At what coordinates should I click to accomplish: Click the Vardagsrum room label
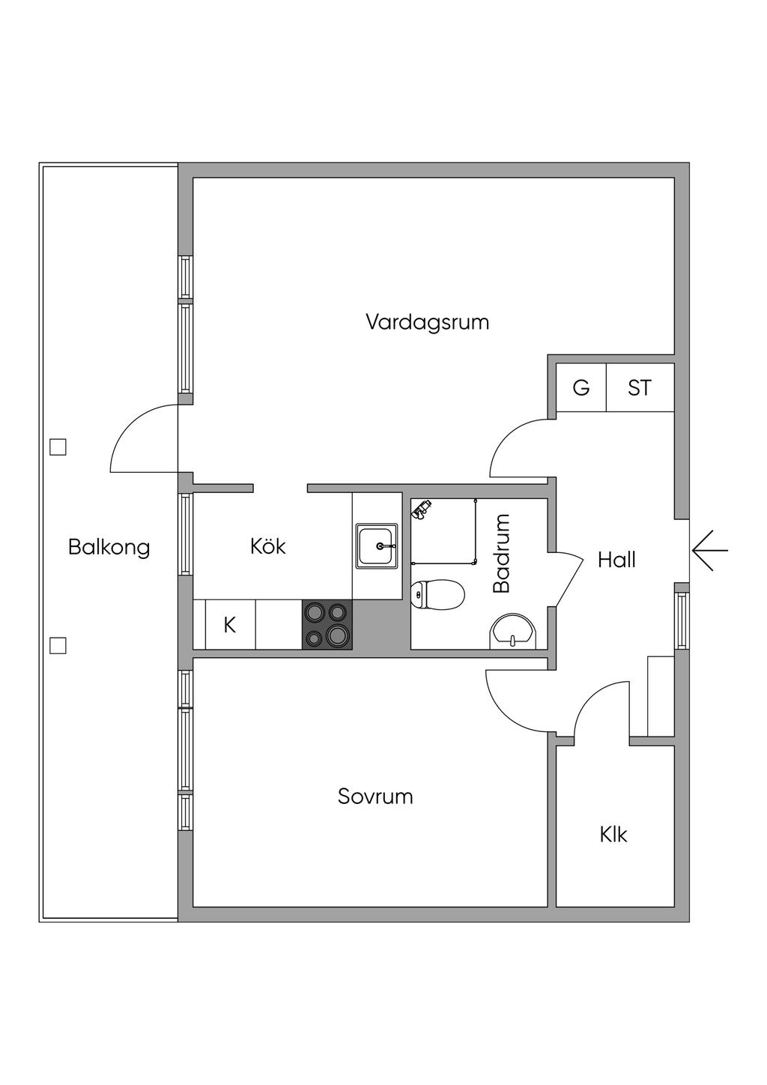pos(427,322)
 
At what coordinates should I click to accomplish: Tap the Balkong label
pos(109,547)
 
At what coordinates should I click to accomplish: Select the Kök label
pos(267,546)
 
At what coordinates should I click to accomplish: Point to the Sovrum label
pos(375,796)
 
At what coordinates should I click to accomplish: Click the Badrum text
pos(501,553)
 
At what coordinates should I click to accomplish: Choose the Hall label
pos(616,560)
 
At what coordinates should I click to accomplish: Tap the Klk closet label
pos(613,834)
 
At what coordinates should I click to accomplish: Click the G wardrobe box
pos(581,388)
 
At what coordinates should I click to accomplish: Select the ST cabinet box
pos(640,388)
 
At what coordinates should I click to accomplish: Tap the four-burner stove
pos(327,624)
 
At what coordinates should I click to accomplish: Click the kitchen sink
pos(377,545)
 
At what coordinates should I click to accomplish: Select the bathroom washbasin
pos(513,632)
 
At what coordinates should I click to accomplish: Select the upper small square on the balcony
pos(58,447)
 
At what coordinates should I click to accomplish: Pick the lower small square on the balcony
pos(58,645)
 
